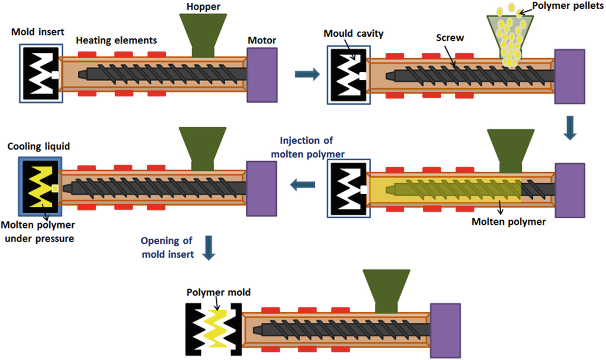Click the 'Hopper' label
click(203, 7)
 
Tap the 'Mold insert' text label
click(38, 32)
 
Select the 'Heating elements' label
click(116, 40)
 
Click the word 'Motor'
click(262, 40)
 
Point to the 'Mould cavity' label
click(353, 34)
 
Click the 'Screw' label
click(450, 38)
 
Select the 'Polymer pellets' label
click(567, 6)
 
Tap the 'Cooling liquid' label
click(39, 146)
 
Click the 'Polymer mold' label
click(218, 292)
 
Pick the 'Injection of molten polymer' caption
click(308, 147)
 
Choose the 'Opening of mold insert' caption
click(167, 248)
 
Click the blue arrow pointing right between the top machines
click(307, 74)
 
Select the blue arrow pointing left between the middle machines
click(303, 185)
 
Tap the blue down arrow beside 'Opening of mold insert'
click(209, 248)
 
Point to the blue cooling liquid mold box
click(40, 187)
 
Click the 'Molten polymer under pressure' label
click(38, 232)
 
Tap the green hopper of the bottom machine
click(386, 289)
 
